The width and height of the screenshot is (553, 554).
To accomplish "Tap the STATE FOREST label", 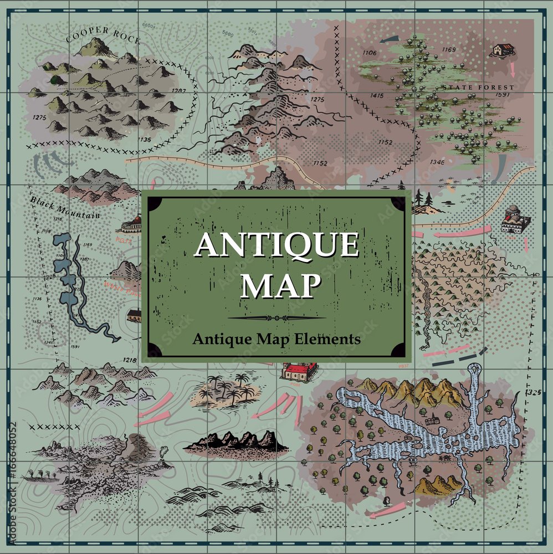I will point(478,88).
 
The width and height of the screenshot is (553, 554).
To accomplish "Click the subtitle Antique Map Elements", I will point(276,338).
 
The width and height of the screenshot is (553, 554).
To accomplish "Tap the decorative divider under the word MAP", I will point(276,318).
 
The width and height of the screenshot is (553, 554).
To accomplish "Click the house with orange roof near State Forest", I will point(503,50).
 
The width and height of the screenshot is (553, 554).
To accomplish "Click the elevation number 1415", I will point(377,96).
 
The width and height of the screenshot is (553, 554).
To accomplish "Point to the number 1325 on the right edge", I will point(534,392).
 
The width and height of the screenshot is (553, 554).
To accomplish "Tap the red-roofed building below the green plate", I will point(299,370).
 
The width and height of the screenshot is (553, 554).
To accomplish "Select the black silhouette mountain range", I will point(237,442).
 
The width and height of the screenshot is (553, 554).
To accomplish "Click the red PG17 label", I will point(123,240).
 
